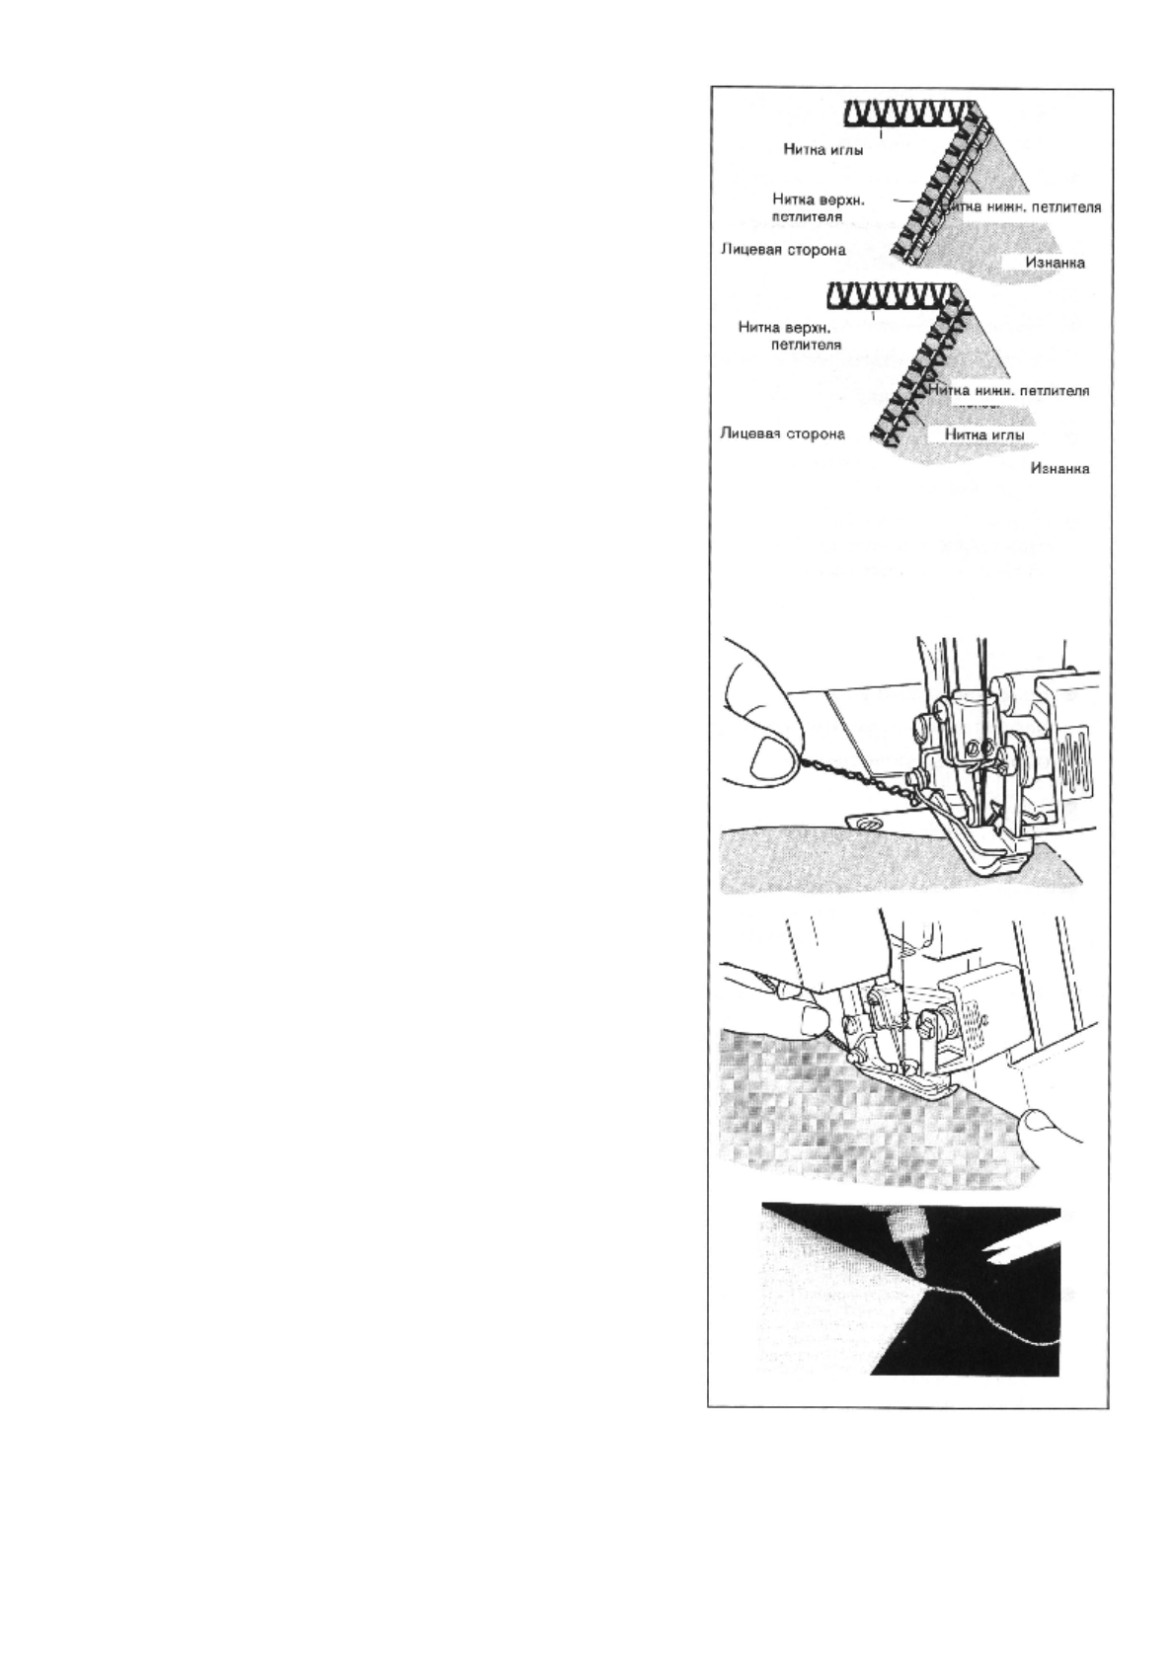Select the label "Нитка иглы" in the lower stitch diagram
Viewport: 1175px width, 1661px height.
pyautogui.click(x=984, y=435)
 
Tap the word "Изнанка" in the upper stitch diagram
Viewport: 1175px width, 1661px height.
pyautogui.click(x=1055, y=263)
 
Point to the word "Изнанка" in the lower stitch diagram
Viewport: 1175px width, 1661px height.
pyautogui.click(x=1059, y=469)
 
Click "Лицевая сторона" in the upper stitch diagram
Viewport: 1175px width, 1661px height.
pyautogui.click(x=783, y=250)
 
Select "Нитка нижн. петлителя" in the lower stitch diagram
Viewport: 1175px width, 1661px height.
pyautogui.click(x=1008, y=391)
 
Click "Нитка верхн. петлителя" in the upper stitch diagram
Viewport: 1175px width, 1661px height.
pyautogui.click(x=819, y=207)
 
